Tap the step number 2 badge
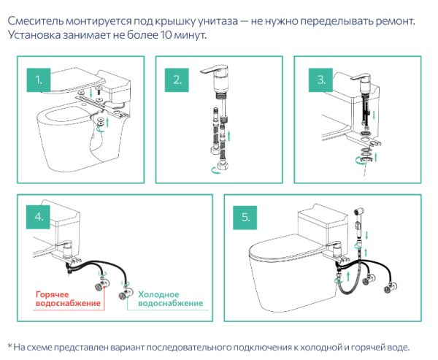(177, 78)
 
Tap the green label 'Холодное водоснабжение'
(170, 299)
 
